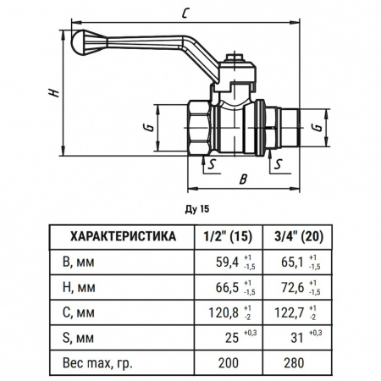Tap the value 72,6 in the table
[x=288, y=287]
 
